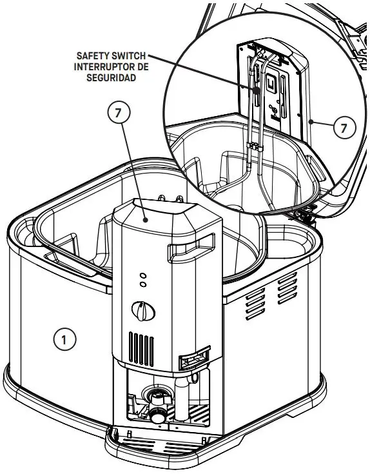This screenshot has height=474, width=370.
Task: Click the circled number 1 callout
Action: click(x=64, y=338)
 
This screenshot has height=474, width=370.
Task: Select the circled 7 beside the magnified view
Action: click(x=344, y=127)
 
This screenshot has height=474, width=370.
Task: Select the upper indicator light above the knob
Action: click(x=142, y=275)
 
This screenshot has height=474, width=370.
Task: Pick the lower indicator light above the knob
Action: click(x=142, y=284)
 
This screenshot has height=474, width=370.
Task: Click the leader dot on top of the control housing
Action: click(x=147, y=220)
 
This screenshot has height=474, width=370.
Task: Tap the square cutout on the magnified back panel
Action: click(x=273, y=84)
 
